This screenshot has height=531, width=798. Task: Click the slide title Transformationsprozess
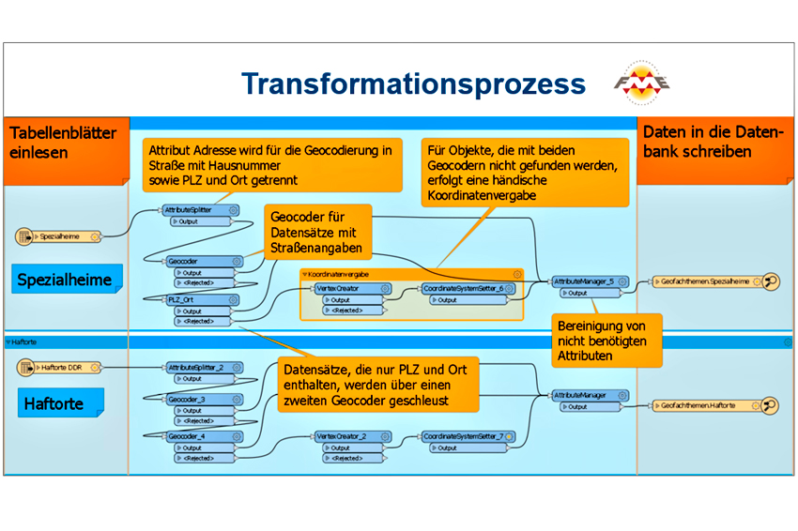413,83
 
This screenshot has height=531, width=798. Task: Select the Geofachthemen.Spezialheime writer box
710,281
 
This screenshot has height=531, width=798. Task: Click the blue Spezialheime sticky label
64,280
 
